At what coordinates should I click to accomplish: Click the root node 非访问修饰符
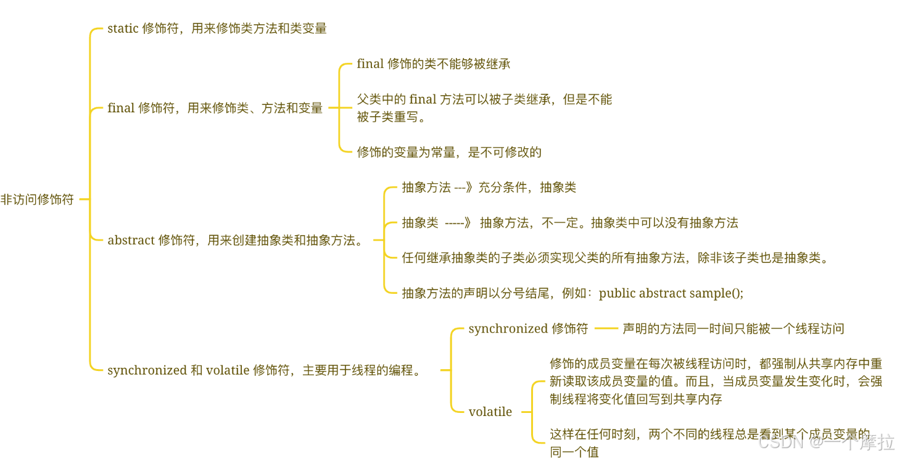click(x=37, y=199)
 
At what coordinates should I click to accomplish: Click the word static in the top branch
click(x=123, y=28)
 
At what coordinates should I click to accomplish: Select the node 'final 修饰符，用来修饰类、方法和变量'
click(x=215, y=108)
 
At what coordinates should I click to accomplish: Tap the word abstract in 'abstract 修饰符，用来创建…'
click(x=131, y=240)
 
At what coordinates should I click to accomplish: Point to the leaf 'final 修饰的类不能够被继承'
click(x=433, y=64)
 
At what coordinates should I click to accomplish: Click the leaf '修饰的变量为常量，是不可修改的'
click(x=448, y=152)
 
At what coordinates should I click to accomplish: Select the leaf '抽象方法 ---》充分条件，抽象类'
click(x=489, y=188)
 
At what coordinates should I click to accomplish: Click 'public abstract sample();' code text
click(x=671, y=293)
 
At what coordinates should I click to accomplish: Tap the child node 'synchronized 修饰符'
click(x=528, y=328)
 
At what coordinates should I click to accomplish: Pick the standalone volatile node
click(x=490, y=412)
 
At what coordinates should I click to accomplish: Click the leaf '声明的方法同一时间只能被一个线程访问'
click(x=733, y=328)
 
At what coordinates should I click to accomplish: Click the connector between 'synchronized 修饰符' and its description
click(x=606, y=328)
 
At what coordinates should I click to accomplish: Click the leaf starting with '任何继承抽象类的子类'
click(x=614, y=258)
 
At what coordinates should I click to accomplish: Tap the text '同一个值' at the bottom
click(x=574, y=452)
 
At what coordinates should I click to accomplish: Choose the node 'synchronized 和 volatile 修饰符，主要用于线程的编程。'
click(x=264, y=370)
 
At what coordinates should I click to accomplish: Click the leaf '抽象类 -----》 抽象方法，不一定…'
click(x=569, y=223)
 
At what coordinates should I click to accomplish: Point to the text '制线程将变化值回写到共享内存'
click(x=635, y=399)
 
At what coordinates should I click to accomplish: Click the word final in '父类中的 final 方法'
click(x=422, y=99)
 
